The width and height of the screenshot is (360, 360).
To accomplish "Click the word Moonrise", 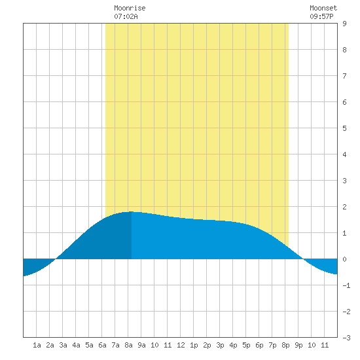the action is click(x=130, y=8).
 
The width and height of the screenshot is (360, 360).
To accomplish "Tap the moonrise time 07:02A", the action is click(x=126, y=16).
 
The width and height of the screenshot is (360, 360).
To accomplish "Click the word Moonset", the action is click(x=323, y=8).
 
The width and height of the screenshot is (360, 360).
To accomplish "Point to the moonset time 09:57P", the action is click(x=321, y=16).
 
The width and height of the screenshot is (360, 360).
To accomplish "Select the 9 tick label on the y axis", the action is click(x=344, y=24).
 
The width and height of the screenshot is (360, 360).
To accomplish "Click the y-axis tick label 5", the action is click(x=344, y=128).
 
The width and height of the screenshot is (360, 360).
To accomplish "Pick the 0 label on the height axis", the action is click(x=344, y=259).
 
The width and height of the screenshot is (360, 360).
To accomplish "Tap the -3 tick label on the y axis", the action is click(x=346, y=338).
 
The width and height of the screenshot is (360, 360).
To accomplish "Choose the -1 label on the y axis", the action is click(x=346, y=285).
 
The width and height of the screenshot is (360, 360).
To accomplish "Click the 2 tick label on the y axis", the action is click(x=344, y=207).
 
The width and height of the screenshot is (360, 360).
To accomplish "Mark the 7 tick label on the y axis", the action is click(x=344, y=76).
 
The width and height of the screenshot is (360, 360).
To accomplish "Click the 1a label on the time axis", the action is click(x=37, y=345).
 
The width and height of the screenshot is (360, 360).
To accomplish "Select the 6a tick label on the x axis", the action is click(x=102, y=345).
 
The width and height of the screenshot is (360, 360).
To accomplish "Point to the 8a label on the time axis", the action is click(x=128, y=345).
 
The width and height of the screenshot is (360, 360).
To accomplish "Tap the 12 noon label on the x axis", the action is click(x=181, y=345).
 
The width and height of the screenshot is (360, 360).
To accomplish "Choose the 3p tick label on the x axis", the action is click(x=220, y=345).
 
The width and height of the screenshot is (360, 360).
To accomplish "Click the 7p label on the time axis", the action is click(x=272, y=345).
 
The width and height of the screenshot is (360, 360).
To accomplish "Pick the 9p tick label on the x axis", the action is click(x=298, y=345).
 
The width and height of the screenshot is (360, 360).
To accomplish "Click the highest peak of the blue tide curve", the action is click(x=131, y=211).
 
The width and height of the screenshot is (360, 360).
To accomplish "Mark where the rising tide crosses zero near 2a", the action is click(x=56, y=259).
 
